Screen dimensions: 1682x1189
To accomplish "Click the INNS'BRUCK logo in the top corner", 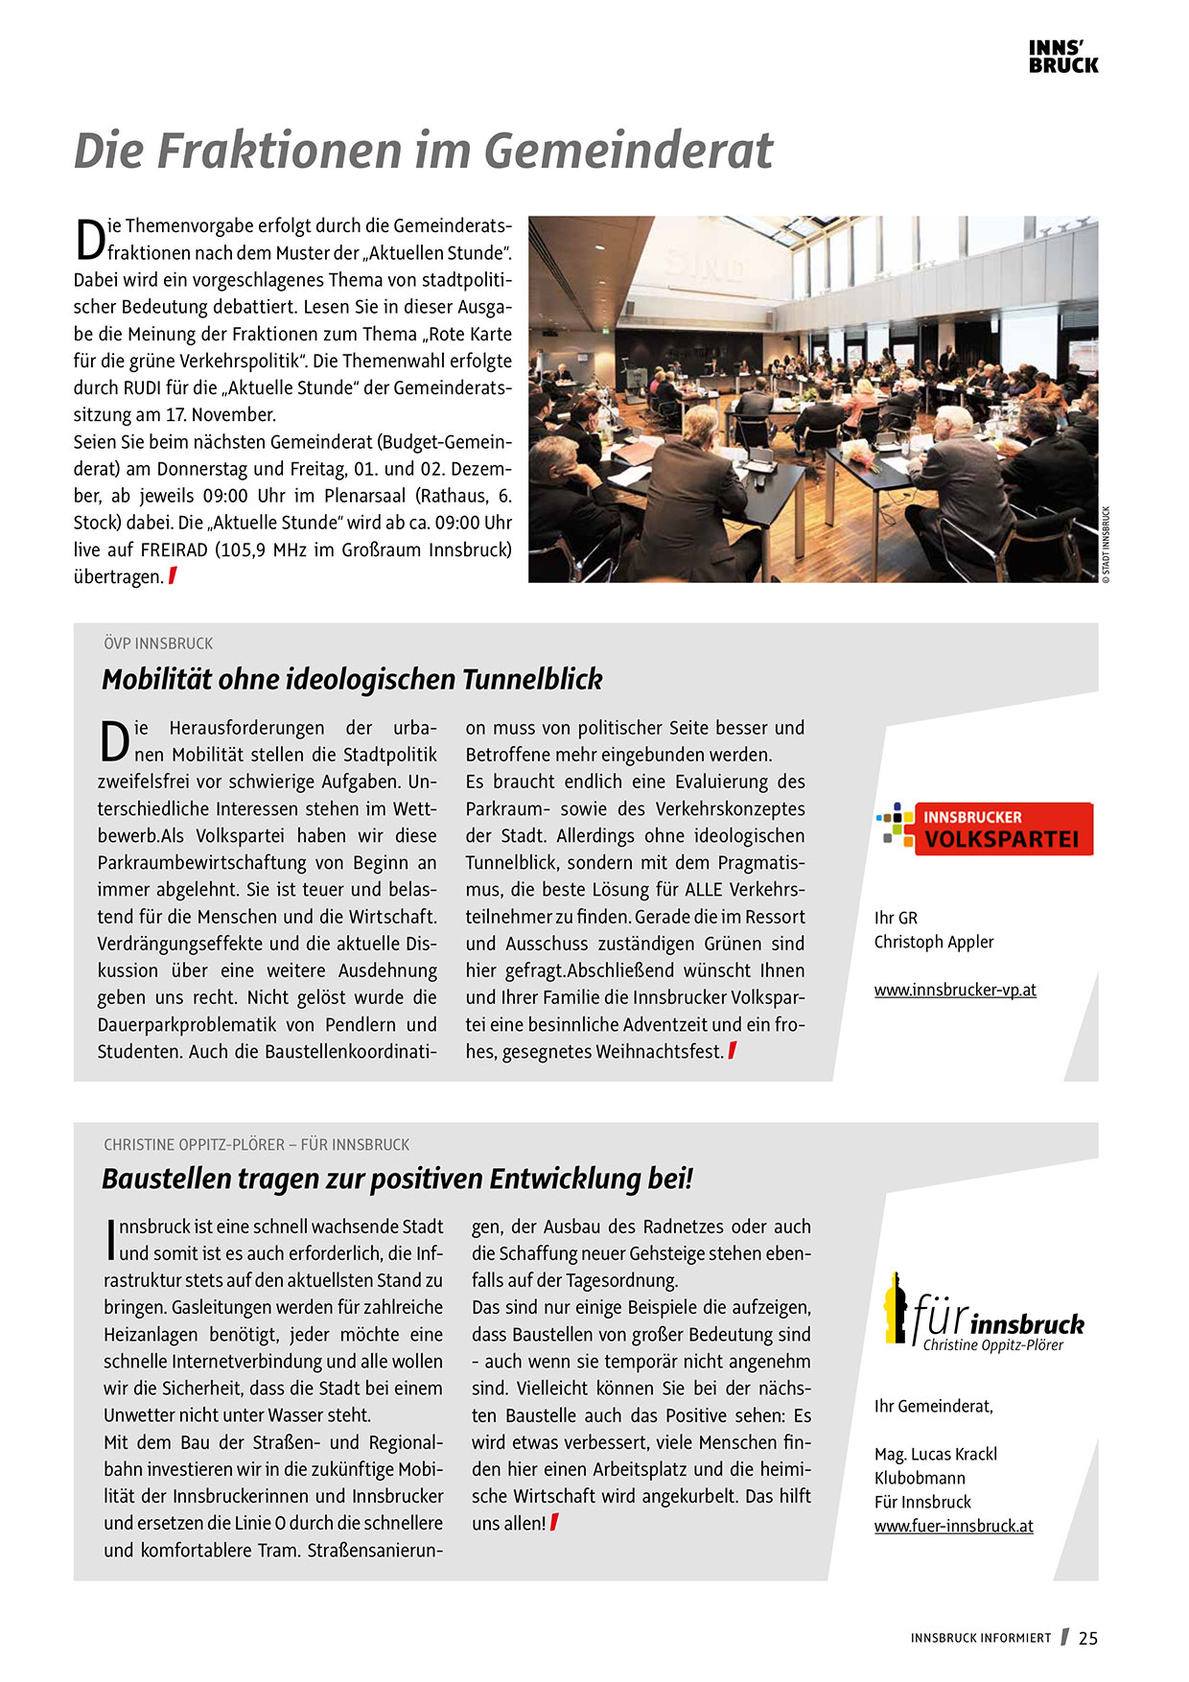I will point(1062,57).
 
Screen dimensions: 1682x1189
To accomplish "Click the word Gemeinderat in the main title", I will point(628,151).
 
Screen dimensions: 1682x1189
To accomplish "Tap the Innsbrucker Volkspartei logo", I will point(985,829).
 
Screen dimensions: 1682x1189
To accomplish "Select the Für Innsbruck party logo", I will point(984,1312).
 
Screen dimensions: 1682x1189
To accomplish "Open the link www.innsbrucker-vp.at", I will point(955,990).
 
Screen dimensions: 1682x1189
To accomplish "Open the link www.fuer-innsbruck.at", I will point(953,1526).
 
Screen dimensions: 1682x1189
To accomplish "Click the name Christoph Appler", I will point(934,942).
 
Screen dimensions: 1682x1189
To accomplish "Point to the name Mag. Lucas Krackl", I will point(935,1454).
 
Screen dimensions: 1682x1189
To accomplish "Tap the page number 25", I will point(1087,1638).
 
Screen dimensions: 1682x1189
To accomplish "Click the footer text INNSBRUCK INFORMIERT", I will point(981,1638).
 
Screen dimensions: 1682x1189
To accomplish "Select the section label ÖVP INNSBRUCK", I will point(158,643).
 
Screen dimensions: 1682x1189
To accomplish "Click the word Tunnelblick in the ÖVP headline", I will point(532,679).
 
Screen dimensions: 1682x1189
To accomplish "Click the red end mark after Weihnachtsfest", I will point(733,1051).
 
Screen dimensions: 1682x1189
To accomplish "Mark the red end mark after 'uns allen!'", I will point(554,1522).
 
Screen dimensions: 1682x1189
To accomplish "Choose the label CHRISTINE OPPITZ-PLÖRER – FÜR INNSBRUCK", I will point(256,1145).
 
